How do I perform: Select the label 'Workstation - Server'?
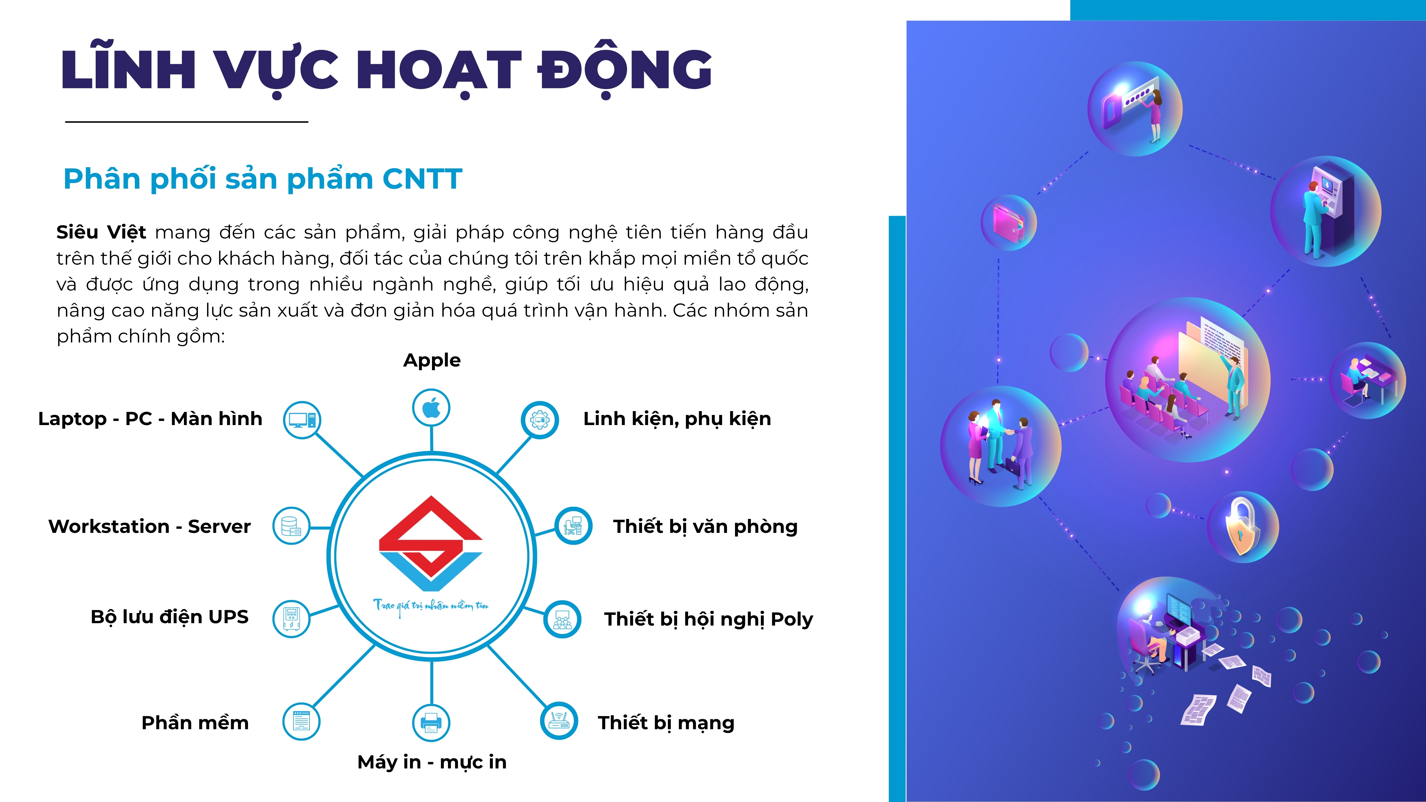click(149, 526)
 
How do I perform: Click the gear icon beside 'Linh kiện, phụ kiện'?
click(539, 419)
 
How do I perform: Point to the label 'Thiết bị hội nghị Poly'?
click(709, 619)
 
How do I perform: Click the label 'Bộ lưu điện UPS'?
click(169, 617)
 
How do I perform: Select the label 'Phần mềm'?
click(195, 723)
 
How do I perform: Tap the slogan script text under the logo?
click(431, 606)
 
